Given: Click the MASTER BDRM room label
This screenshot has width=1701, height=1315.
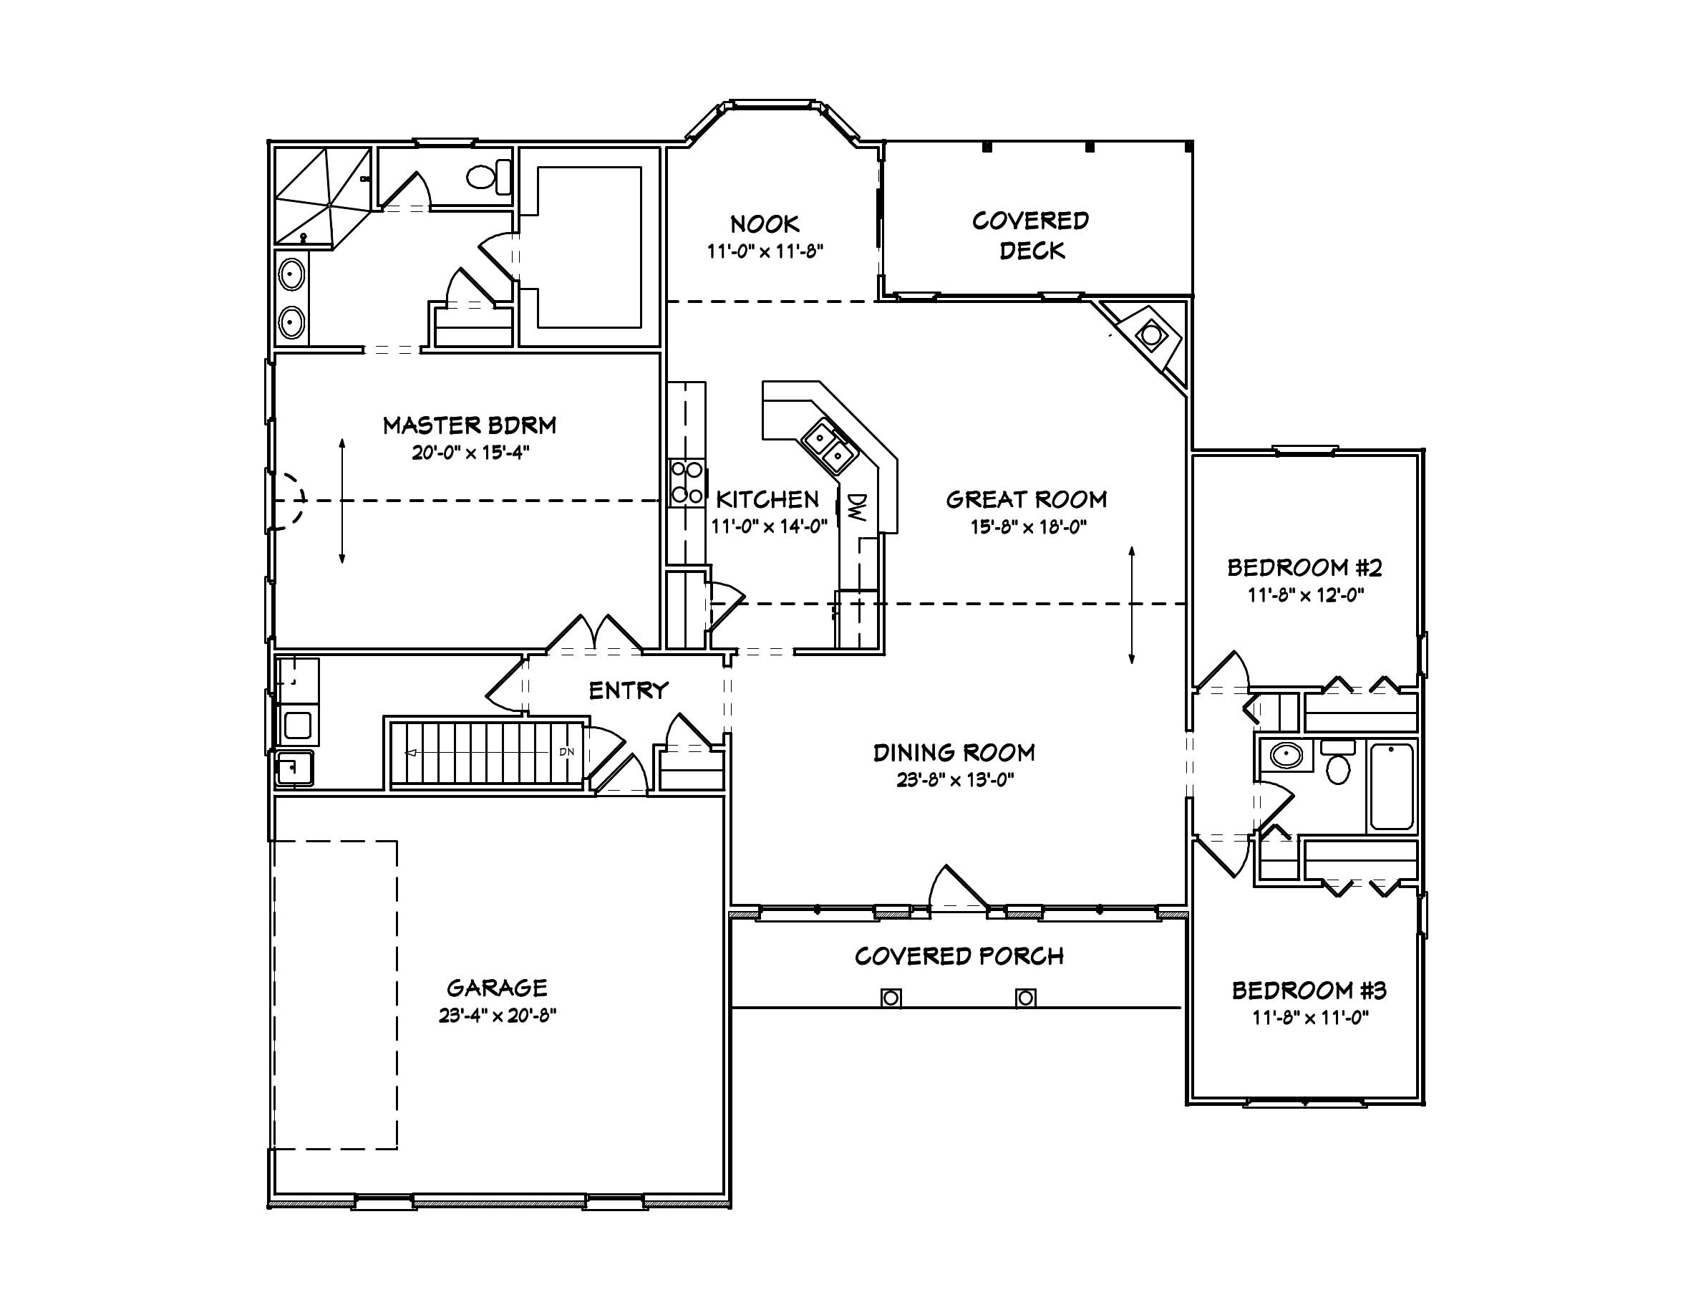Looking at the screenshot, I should coord(470,425).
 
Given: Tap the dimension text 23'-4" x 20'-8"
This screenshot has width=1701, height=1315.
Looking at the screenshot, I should coord(497,1015).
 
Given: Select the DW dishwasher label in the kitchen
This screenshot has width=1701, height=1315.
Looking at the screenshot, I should coord(857,507).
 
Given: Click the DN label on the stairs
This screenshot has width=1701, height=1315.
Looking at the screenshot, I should coord(566,752).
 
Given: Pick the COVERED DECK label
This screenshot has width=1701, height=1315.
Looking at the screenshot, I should coord(1030,235).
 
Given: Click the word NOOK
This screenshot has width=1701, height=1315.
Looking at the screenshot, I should coord(764,224).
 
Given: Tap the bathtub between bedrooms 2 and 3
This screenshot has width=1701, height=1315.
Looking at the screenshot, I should coord(1392,787).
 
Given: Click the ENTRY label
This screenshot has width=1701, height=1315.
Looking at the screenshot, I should coord(628,690).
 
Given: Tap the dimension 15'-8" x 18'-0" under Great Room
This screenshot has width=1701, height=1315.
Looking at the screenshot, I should coord(1028,527).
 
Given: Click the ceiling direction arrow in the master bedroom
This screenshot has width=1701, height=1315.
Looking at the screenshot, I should coord(342,501).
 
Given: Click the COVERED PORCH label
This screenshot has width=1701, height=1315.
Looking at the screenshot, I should coord(959,956).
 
